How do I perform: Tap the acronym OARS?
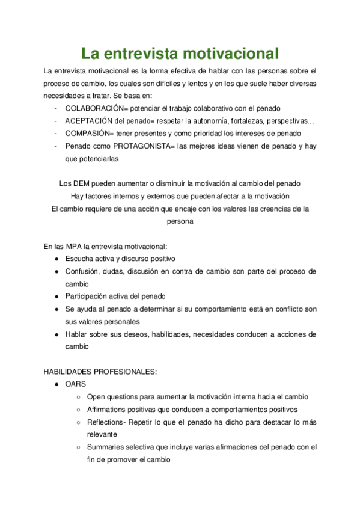(x=76, y=384)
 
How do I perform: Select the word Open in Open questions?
(x=97, y=397)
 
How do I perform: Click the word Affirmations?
(x=109, y=410)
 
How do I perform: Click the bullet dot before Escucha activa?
(x=56, y=259)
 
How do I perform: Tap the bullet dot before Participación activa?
(x=56, y=296)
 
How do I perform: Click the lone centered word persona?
(x=180, y=221)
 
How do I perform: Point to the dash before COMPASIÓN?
(x=56, y=134)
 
